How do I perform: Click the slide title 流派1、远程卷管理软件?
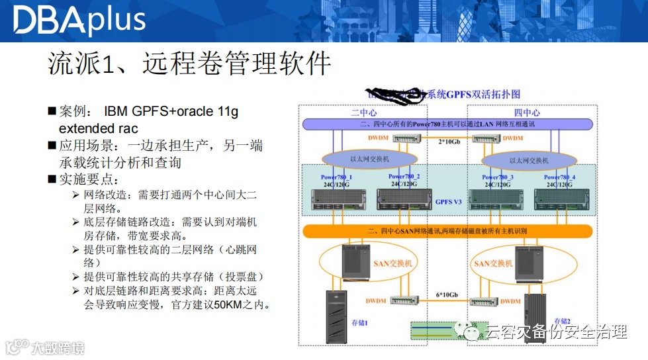coord(189,64)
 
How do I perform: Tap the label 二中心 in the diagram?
coord(363,113)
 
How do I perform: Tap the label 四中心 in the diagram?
coord(527,113)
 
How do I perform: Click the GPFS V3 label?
coord(448,202)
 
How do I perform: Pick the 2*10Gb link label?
coord(451,142)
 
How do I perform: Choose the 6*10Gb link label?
coord(450,293)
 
